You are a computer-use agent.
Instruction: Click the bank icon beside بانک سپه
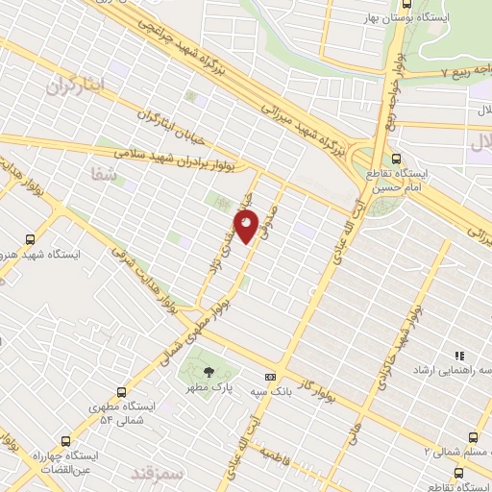(x=271, y=376)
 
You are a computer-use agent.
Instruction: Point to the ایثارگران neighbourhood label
(x=74, y=86)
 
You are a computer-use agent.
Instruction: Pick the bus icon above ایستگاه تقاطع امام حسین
(x=397, y=160)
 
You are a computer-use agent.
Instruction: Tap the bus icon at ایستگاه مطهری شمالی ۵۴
(x=121, y=392)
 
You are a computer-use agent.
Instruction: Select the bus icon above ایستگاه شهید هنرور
(x=30, y=239)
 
